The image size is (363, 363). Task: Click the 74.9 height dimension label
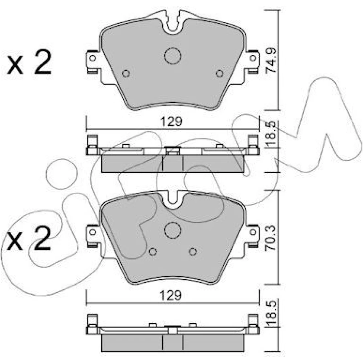[x=271, y=61]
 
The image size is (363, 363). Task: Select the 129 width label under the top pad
[x=172, y=121]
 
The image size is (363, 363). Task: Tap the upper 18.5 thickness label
[x=271, y=134]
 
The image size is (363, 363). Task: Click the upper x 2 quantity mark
[x=29, y=63]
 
